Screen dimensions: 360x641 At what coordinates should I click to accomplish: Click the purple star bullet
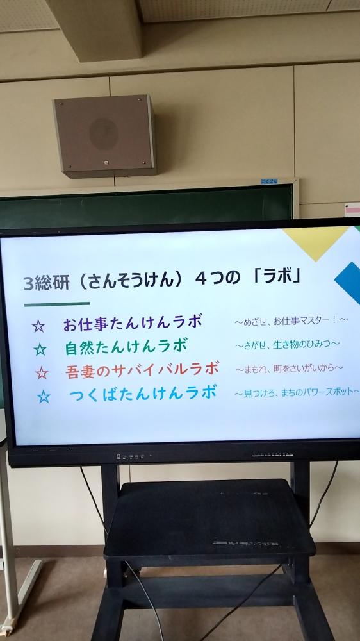38,326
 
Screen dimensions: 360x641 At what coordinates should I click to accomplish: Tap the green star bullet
40,349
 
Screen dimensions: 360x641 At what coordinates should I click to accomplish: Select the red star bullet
42,373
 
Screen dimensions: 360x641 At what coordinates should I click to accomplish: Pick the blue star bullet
44,397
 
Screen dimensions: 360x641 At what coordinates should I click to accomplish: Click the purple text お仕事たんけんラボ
133,323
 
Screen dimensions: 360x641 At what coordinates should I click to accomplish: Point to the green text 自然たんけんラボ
126,347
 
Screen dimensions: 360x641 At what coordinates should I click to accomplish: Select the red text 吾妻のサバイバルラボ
142,370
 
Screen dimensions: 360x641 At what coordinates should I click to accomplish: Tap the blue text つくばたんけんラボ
143,394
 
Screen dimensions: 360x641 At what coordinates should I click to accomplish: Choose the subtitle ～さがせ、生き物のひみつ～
287,345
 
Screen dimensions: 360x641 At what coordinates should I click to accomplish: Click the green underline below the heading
57,304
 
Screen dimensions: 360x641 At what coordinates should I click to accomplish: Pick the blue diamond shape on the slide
348,282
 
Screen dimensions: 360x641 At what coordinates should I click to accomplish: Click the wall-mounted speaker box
104,136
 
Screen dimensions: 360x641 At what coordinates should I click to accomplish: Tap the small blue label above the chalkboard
269,181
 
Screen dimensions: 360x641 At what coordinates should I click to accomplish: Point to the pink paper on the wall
352,210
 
